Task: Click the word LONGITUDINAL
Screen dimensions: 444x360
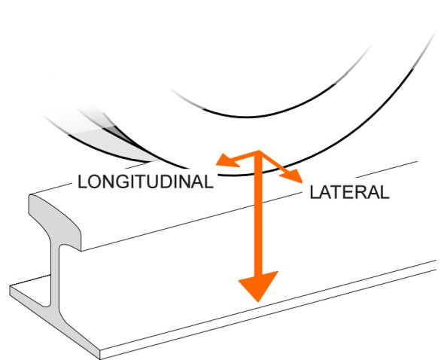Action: point(145,182)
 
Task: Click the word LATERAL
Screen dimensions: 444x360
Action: point(349,193)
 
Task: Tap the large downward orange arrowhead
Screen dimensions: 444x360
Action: point(258,285)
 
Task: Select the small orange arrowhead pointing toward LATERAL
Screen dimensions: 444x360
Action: point(292,175)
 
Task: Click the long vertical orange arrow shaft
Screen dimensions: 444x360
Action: point(258,212)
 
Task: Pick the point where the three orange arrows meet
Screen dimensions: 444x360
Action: point(258,152)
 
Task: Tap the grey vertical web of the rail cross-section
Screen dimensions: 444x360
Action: point(55,275)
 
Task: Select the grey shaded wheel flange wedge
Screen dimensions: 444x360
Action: point(114,142)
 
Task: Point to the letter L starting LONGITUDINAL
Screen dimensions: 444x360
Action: point(82,182)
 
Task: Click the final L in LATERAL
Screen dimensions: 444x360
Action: point(385,193)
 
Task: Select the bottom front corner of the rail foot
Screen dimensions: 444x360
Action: point(101,358)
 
